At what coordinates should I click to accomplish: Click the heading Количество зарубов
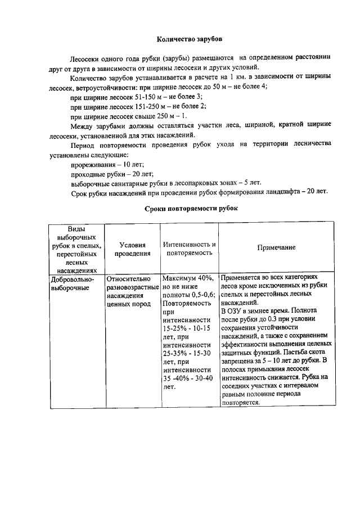click(x=189, y=39)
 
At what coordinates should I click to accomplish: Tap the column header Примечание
click(x=276, y=247)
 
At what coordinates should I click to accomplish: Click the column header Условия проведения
click(x=133, y=249)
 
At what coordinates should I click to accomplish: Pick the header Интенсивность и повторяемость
click(x=189, y=249)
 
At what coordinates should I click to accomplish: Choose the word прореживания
click(x=94, y=164)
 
